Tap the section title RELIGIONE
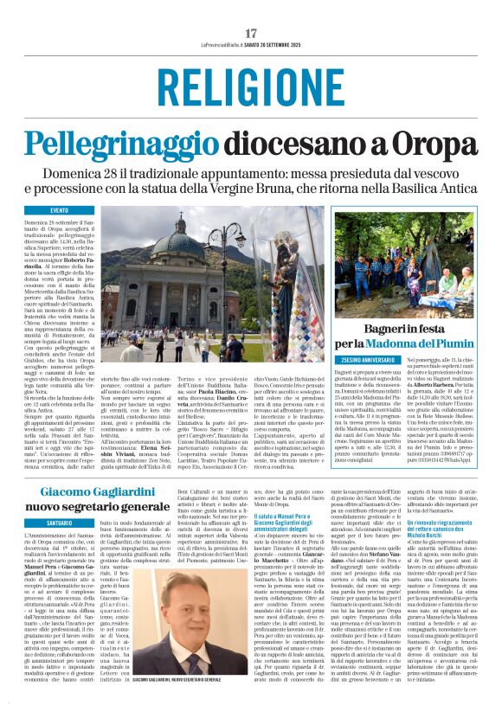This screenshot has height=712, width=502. coord(251,88)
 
